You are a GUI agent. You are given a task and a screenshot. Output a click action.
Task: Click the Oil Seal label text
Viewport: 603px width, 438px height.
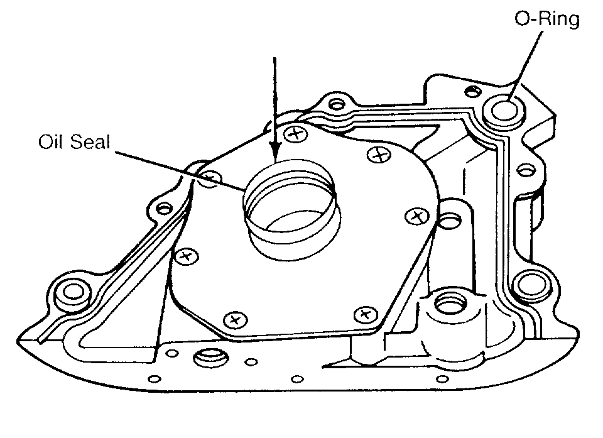pos(74,142)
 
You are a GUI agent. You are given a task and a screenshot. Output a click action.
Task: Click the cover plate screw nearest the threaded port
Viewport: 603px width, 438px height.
pos(366,313)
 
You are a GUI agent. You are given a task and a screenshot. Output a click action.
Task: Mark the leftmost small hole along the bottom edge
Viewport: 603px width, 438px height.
pos(151,378)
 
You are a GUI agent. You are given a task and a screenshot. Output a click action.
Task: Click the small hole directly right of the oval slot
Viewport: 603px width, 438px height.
pos(250,361)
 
